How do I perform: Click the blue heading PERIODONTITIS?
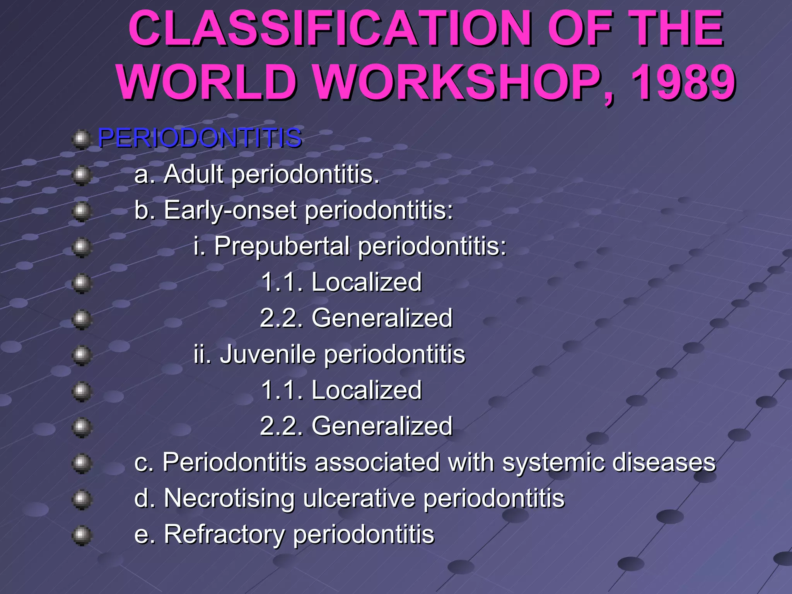[x=200, y=138]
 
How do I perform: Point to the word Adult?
[x=193, y=174]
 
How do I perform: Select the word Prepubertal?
[x=282, y=246]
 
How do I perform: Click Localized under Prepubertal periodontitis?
[x=366, y=282]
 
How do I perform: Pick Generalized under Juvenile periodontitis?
[x=382, y=426]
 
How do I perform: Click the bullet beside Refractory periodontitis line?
[x=82, y=536]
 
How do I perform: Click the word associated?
[x=377, y=463]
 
